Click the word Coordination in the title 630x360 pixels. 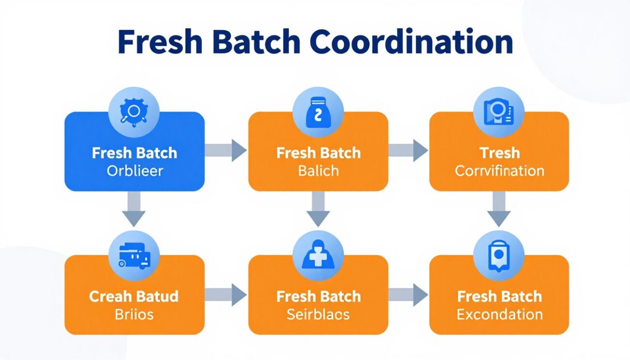tap(411, 43)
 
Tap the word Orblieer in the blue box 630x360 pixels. tap(135, 171)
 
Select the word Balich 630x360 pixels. tap(318, 171)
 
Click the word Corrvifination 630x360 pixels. tap(499, 171)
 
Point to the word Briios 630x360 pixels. tap(134, 314)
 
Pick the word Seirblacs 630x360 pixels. tap(318, 314)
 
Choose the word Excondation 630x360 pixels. tap(499, 314)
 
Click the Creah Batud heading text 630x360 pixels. tap(134, 297)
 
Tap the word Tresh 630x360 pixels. tap(499, 153)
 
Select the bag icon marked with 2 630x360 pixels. tap(318, 112)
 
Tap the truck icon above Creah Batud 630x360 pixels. tap(134, 255)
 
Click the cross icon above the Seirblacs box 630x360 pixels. tap(318, 255)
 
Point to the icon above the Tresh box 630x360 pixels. tap(499, 112)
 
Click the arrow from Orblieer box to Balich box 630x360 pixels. tap(225, 150)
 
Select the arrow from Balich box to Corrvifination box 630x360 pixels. tap(408, 150)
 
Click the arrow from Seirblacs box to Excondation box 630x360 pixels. tap(408, 294)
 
